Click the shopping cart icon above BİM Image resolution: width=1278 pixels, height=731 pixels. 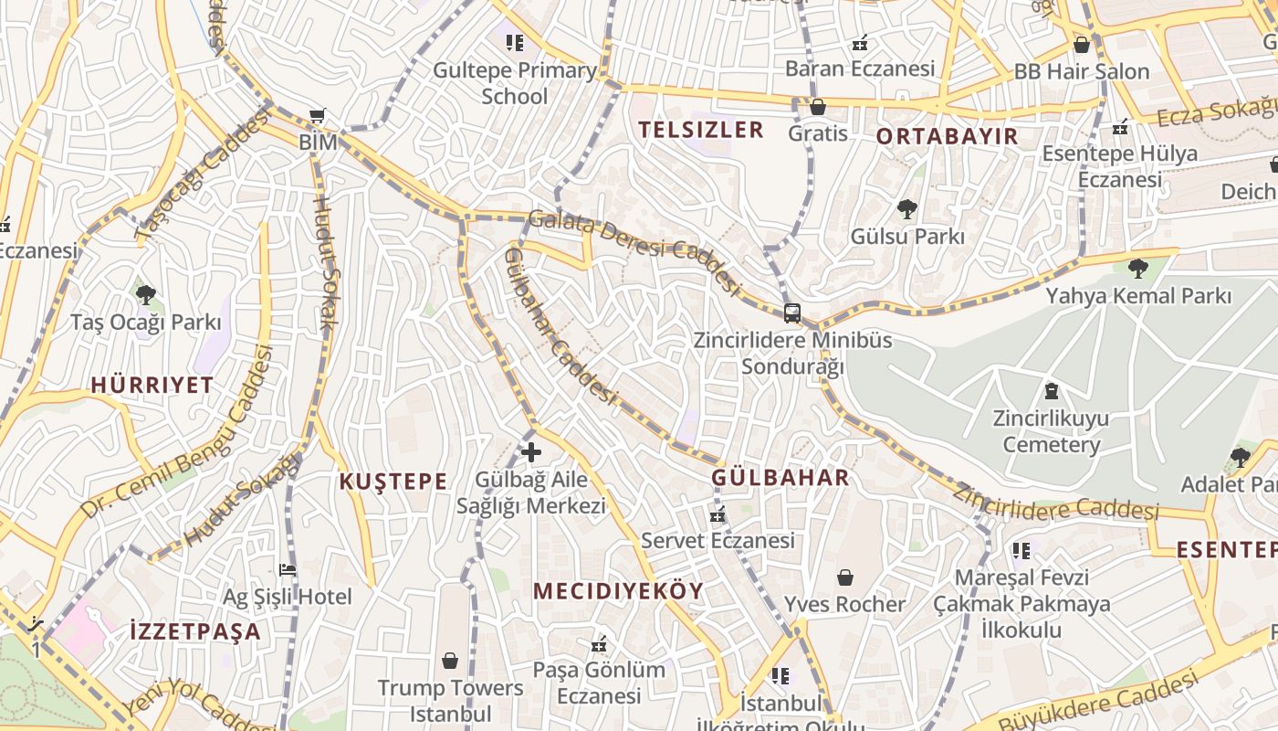coord(317,116)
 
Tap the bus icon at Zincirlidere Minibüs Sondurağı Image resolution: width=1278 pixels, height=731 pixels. coord(792,313)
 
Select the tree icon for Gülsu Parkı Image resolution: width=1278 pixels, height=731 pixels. coord(906,209)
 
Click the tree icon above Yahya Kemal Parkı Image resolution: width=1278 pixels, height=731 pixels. coord(1137,269)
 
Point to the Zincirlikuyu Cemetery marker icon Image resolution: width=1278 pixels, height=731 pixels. coord(1052,392)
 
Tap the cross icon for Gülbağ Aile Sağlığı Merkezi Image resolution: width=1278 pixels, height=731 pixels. coord(530,451)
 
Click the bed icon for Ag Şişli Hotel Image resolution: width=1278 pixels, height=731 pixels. coord(288,569)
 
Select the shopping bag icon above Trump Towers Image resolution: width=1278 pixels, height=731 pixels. coord(450,660)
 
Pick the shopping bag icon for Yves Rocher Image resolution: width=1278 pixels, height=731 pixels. coord(845,577)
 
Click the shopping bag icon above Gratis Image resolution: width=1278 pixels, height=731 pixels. coord(818,107)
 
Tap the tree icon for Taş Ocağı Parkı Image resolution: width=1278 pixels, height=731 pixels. coord(146,294)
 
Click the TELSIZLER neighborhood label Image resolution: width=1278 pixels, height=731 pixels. coord(701,130)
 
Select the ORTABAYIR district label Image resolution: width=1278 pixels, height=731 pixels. coord(947,137)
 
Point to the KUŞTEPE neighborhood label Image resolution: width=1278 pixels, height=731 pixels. coord(393,482)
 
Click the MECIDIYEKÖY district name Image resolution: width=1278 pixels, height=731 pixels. coord(619,591)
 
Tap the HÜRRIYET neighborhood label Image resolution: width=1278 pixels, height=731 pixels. coord(152,385)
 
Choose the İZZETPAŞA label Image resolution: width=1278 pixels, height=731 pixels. coord(195,631)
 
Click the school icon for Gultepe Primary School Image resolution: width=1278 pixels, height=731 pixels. coord(515,42)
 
